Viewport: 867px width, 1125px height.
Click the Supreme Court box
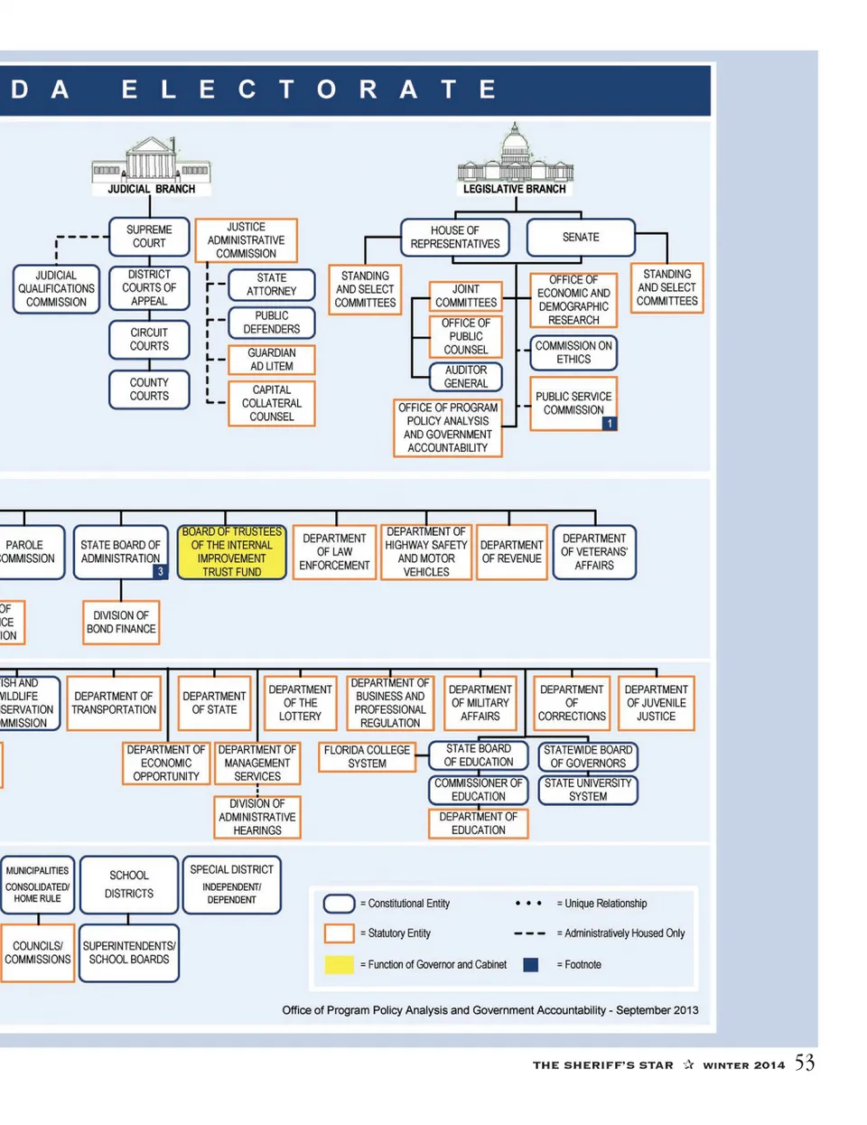pyautogui.click(x=149, y=237)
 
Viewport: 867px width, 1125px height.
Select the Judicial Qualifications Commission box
pyautogui.click(x=56, y=289)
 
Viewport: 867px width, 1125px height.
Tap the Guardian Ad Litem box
pyautogui.click(x=271, y=360)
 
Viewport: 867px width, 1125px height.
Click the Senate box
pyautogui.click(x=581, y=238)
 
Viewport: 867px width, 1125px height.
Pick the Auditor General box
pyautogui.click(x=466, y=377)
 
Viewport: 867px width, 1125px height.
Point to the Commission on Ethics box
pyautogui.click(x=573, y=352)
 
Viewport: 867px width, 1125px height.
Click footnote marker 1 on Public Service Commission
pyautogui.click(x=610, y=423)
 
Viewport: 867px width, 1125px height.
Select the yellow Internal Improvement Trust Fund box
pyautogui.click(x=232, y=552)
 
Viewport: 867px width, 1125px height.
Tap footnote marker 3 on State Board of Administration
pyautogui.click(x=160, y=571)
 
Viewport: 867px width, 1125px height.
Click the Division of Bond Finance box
pyautogui.click(x=121, y=623)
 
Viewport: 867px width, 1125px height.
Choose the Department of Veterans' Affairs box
pyautogui.click(x=594, y=552)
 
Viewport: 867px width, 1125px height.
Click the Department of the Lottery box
pyautogui.click(x=301, y=703)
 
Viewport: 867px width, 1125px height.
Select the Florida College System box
pyautogui.click(x=367, y=757)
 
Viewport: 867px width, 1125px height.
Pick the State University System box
pyautogui.click(x=588, y=790)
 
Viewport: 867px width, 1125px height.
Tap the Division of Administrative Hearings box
pyautogui.click(x=257, y=817)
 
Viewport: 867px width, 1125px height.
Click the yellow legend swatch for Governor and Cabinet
pyautogui.click(x=339, y=964)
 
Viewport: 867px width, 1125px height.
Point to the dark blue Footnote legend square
pyautogui.click(x=531, y=964)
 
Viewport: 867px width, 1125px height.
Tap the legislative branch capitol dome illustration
pyautogui.click(x=515, y=155)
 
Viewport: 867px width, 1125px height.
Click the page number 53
pyautogui.click(x=805, y=1063)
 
